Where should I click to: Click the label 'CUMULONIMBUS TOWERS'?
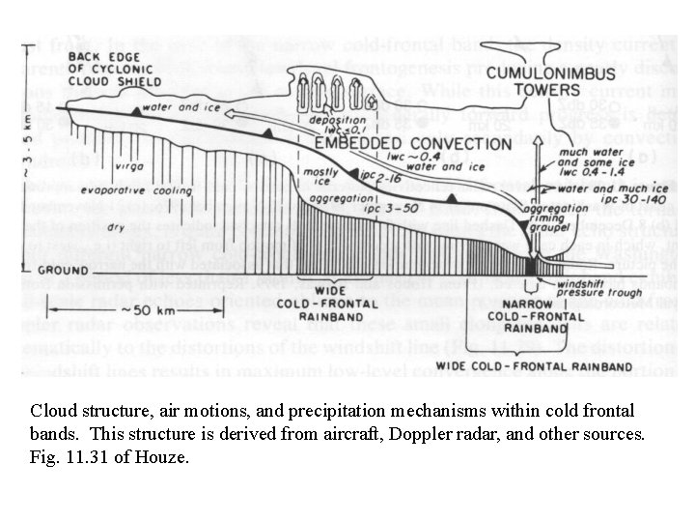click(533, 80)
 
